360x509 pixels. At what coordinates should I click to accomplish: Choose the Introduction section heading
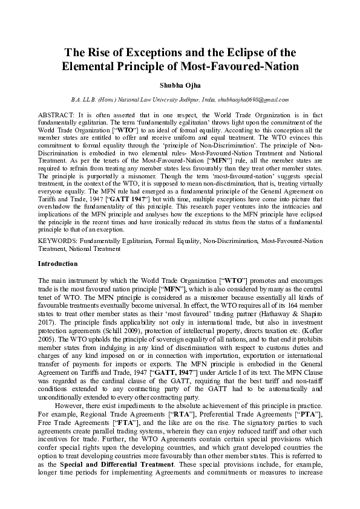coord(57,264)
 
